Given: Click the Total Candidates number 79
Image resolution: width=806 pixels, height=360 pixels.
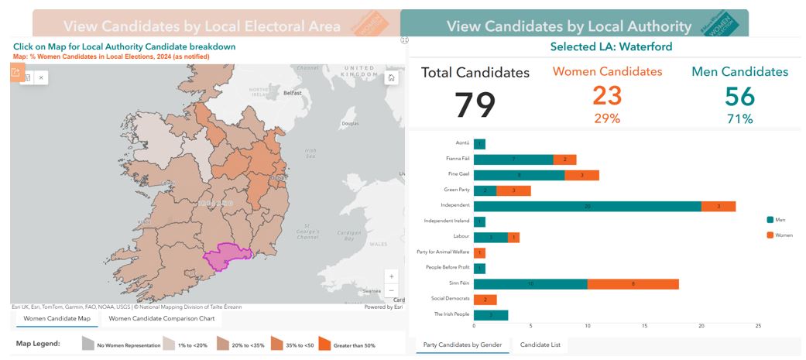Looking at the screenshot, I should [x=475, y=105].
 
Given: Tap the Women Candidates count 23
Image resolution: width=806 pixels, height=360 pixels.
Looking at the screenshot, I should [x=607, y=96].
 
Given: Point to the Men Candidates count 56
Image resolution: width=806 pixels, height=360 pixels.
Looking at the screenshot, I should [x=739, y=96].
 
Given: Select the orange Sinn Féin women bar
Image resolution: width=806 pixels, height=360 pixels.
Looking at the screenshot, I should [x=633, y=284].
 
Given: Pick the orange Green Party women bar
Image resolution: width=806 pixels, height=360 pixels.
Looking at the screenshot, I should [x=513, y=190].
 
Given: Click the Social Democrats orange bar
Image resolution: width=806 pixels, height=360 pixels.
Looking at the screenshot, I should [x=485, y=300].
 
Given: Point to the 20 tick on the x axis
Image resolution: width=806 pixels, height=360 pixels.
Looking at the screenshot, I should [x=701, y=326].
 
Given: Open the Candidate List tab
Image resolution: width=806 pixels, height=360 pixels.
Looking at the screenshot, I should [x=540, y=345].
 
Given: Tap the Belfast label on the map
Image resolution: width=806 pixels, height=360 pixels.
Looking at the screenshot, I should [x=292, y=93].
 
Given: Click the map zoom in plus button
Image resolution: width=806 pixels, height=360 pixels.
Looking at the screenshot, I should [x=392, y=276].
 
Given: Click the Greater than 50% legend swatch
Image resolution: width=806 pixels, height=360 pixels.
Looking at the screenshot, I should [x=324, y=343].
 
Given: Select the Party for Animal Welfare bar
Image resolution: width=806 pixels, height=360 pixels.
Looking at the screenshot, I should [x=479, y=253].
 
